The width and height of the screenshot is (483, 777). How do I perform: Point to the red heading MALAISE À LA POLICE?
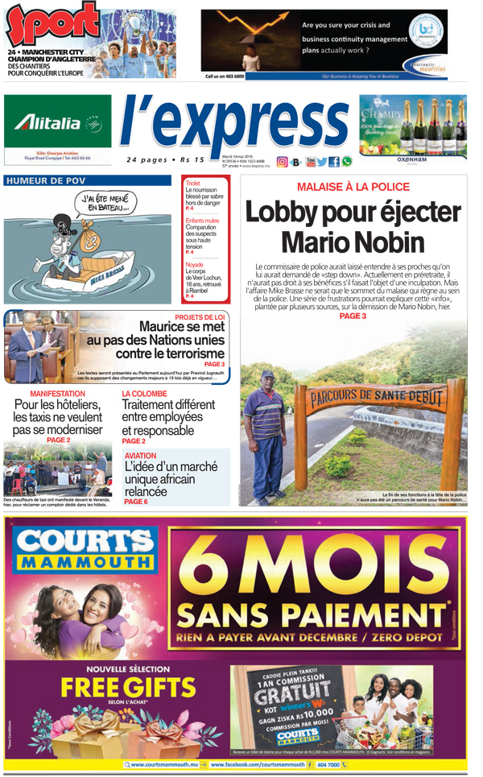click(x=353, y=187)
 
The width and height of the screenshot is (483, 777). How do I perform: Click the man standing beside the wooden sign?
click(x=265, y=431)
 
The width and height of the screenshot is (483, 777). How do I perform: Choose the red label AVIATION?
click(x=141, y=456)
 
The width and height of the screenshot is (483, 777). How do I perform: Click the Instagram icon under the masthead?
click(x=282, y=162)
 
